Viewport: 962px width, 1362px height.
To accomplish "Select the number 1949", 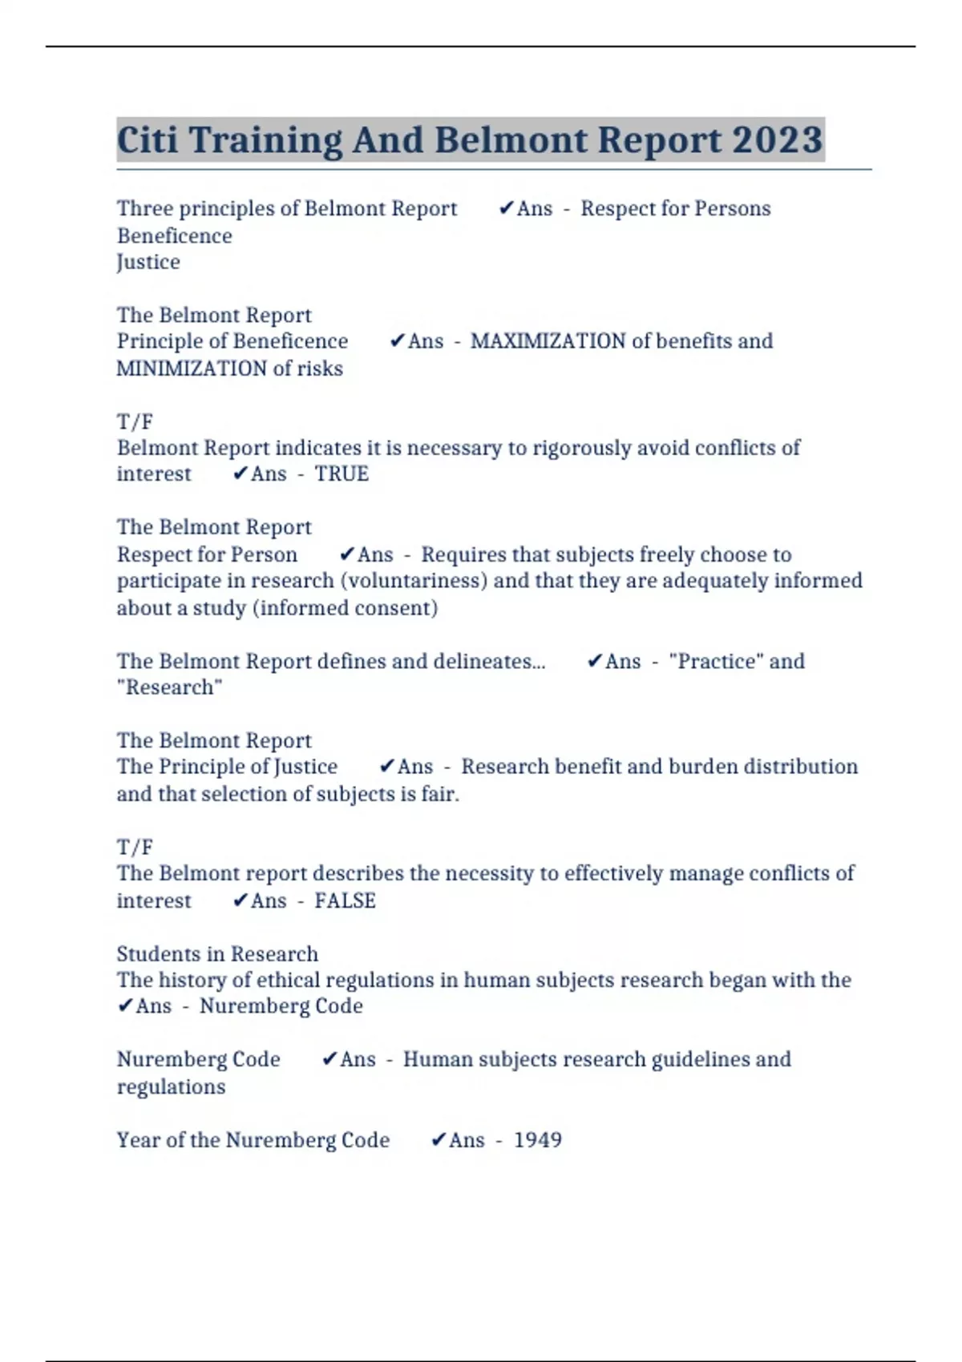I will tap(537, 1140).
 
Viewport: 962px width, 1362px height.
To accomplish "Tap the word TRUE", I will tap(342, 474).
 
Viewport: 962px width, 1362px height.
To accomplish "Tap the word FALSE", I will tap(345, 901).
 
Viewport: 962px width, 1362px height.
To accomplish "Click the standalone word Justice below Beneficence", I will tap(148, 262).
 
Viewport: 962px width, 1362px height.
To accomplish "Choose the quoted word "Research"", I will tap(169, 687).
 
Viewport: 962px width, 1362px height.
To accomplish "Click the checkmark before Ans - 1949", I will tap(438, 1140).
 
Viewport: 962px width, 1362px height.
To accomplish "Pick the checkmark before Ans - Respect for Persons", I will tap(506, 208).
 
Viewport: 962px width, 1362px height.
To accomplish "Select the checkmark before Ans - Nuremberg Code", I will tap(124, 1006).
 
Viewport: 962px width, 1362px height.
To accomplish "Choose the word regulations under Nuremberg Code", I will tap(171, 1087).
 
